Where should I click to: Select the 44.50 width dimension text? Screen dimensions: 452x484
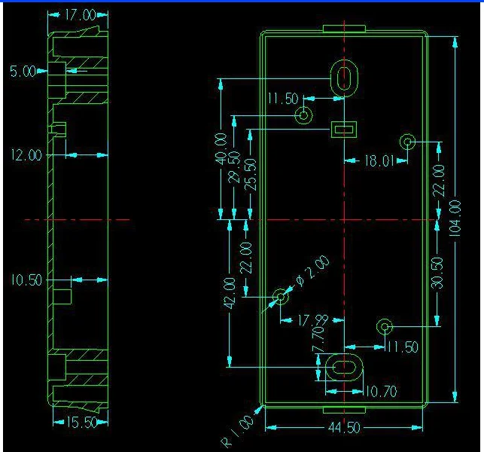pyautogui.click(x=343, y=428)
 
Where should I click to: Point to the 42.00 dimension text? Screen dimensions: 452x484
pyautogui.click(x=230, y=292)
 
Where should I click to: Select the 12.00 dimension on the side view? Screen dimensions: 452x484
pyautogui.click(x=25, y=155)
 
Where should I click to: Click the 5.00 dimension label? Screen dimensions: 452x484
pyautogui.click(x=22, y=71)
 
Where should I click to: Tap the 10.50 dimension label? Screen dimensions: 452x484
pyautogui.click(x=25, y=280)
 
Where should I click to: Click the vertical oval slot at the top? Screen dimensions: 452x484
pyautogui.click(x=344, y=78)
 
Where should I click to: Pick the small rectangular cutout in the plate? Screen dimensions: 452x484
pyautogui.click(x=343, y=130)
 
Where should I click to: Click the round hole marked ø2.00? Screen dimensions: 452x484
pyautogui.click(x=282, y=297)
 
